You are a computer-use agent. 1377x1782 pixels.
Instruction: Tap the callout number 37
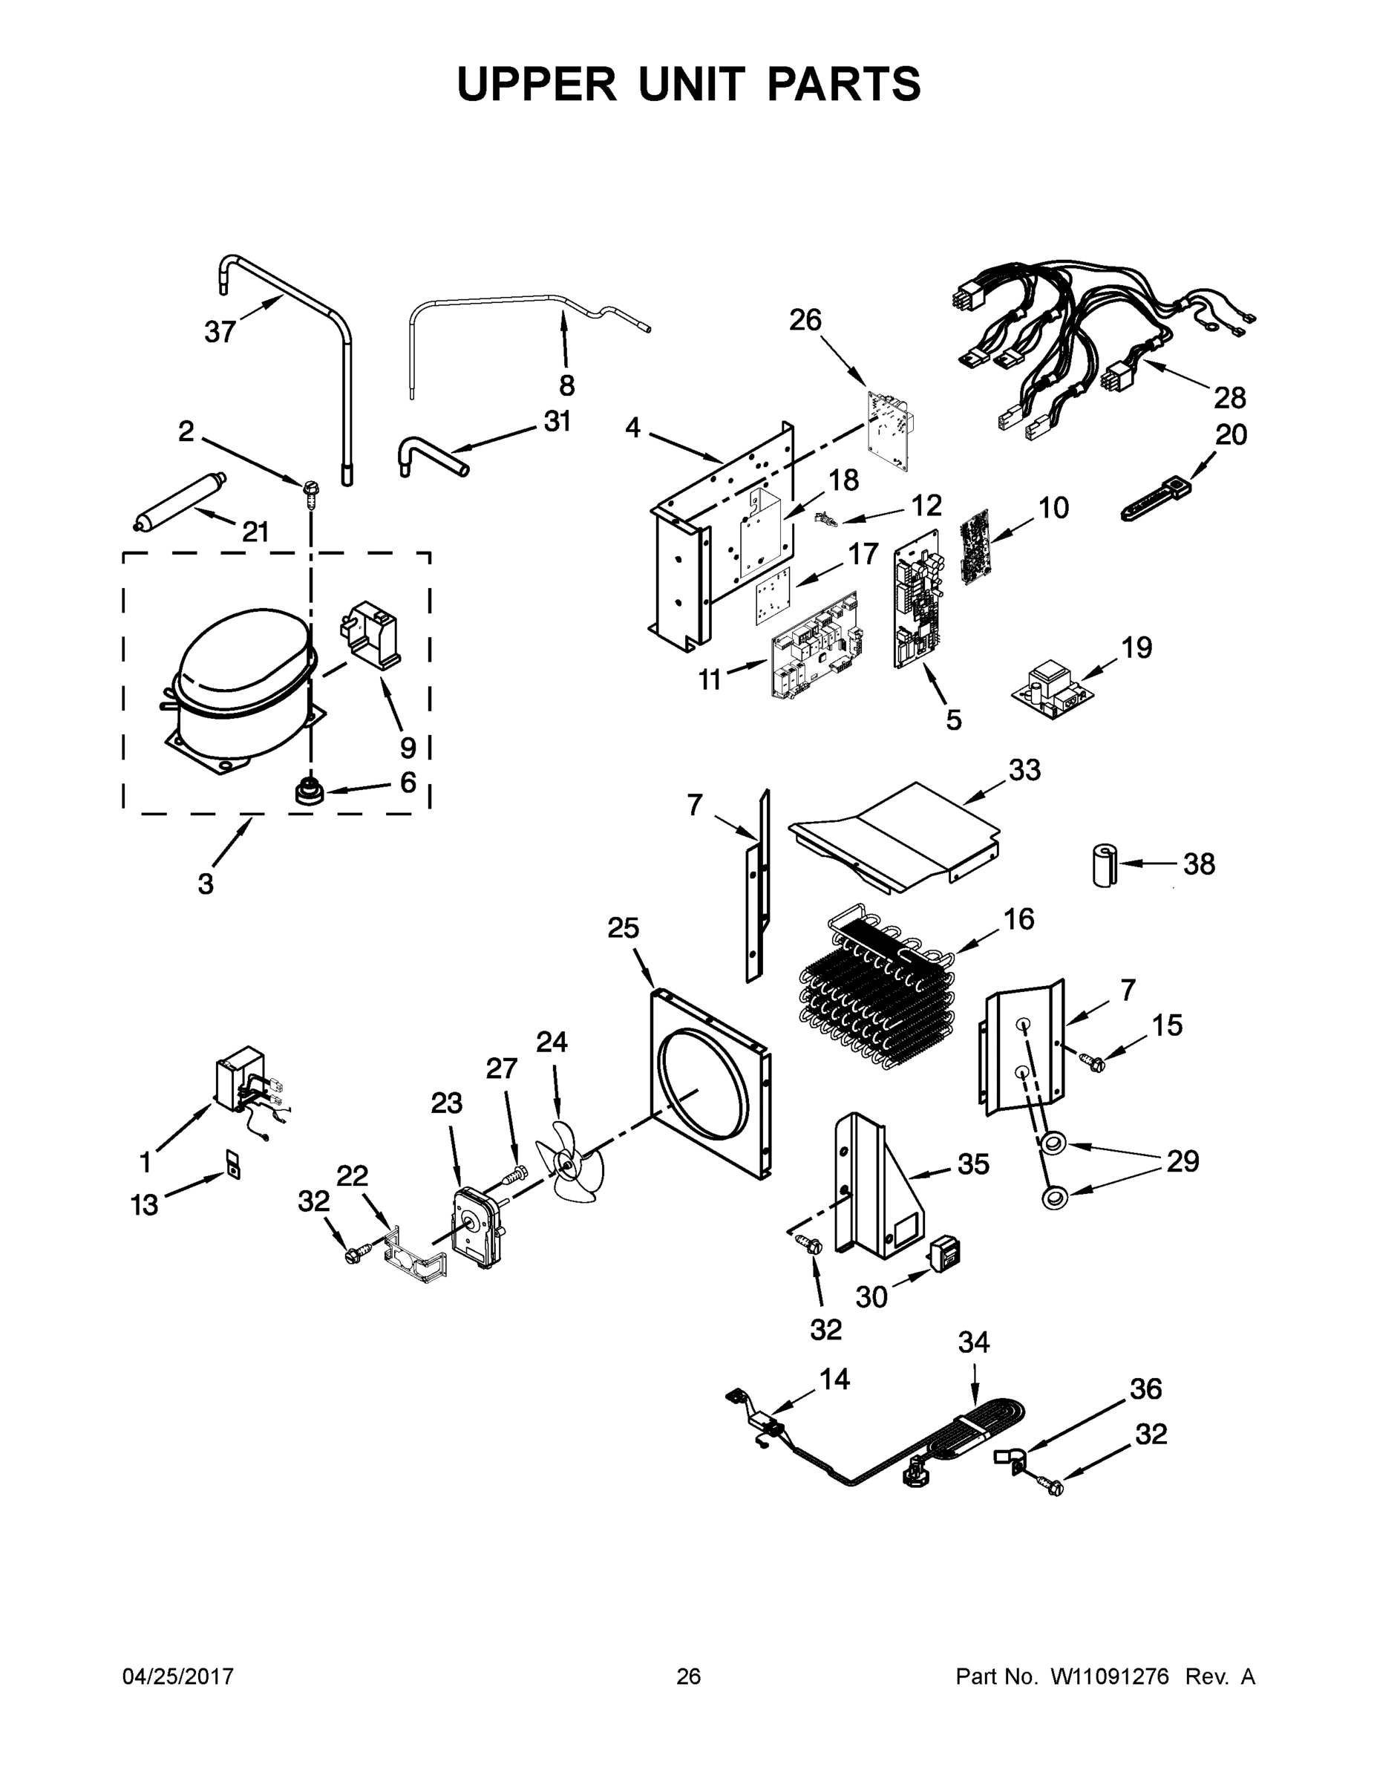(x=220, y=332)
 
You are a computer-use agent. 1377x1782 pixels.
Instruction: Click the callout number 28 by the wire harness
(x=1229, y=398)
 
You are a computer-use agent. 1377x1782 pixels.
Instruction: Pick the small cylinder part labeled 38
(x=1105, y=866)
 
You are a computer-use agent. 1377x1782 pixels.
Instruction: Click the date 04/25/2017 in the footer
(x=178, y=1676)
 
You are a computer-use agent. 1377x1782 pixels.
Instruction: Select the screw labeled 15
(x=1091, y=1062)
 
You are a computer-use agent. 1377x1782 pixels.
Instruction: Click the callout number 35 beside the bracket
(x=973, y=1164)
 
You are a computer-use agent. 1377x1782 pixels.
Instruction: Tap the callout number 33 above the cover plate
(x=1024, y=769)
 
